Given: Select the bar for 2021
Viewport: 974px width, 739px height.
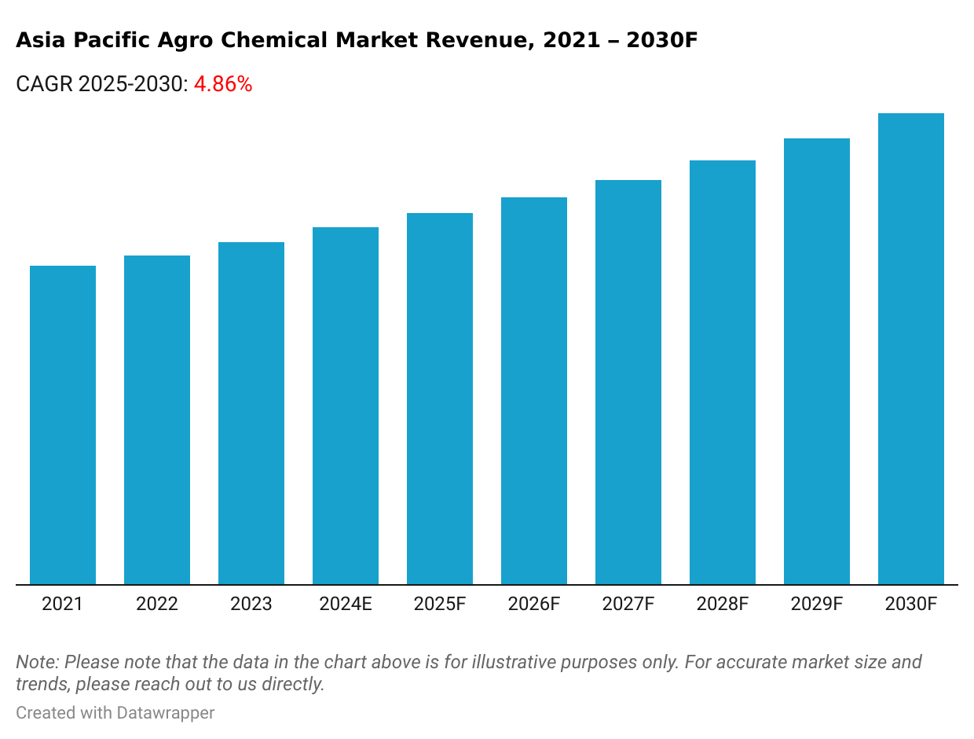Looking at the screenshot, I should point(63,425).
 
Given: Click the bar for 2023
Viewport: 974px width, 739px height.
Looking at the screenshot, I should point(251,413).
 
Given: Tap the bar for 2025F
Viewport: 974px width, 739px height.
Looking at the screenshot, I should point(440,399).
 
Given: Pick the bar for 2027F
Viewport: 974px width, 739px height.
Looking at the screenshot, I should point(628,382).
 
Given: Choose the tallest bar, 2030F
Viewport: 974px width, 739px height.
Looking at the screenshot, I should point(911,348).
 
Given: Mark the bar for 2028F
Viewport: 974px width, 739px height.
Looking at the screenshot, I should point(723,372).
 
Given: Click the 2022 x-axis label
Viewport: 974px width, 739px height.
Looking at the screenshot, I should point(157,605).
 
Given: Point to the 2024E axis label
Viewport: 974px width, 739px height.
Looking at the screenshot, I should point(346,605).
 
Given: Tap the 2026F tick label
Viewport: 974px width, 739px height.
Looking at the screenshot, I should point(534,605).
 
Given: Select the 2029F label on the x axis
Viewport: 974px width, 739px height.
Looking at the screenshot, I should point(817,605).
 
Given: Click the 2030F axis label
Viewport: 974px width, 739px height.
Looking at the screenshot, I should point(911,605).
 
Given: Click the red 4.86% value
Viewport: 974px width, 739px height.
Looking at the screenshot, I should point(223,85).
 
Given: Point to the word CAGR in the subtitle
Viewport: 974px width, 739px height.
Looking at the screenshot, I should point(44,85).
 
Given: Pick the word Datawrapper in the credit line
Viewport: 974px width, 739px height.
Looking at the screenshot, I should point(166,713).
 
